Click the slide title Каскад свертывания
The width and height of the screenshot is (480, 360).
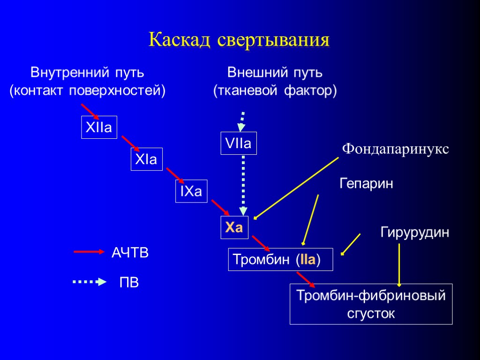[x=239, y=39]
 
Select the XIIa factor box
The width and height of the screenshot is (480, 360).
[x=99, y=127]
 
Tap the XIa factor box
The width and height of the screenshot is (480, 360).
[x=145, y=159]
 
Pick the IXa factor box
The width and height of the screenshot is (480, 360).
[x=191, y=191]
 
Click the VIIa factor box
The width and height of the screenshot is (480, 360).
[x=239, y=144]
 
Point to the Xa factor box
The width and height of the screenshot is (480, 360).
[x=234, y=228]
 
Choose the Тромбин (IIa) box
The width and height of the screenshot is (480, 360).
[x=280, y=259]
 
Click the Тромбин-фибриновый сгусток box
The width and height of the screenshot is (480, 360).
[x=371, y=304]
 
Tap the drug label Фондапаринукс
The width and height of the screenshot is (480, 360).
[x=395, y=149]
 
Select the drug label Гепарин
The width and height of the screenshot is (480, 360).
[x=366, y=184]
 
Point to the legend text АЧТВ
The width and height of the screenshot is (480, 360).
[x=130, y=253]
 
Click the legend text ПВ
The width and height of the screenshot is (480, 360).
[x=129, y=283]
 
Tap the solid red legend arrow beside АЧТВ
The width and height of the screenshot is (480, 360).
[x=89, y=252]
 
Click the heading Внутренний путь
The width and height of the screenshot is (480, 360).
[x=87, y=73]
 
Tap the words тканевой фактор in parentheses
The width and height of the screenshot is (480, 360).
[x=275, y=91]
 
